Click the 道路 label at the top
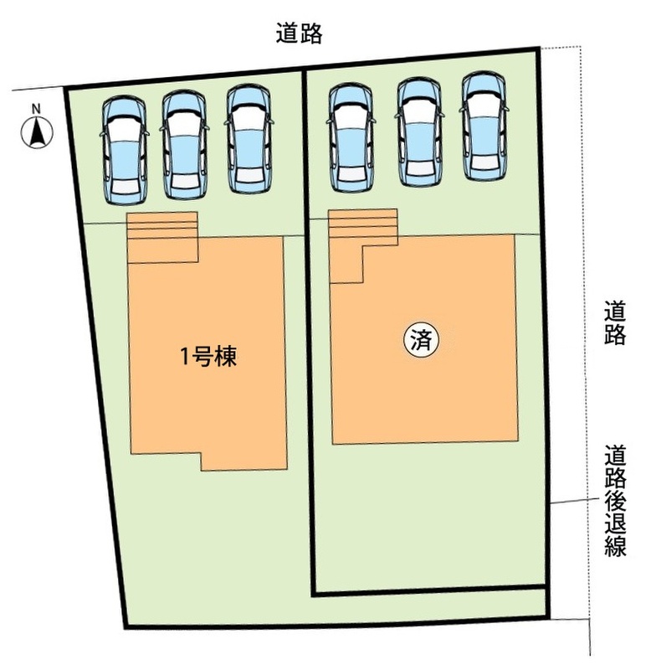pyautogui.click(x=299, y=33)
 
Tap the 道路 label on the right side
pyautogui.click(x=615, y=322)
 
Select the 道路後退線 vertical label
pyautogui.click(x=615, y=500)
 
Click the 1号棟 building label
pyautogui.click(x=208, y=357)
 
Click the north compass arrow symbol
pyautogui.click(x=37, y=132)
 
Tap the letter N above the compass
pyautogui.click(x=37, y=109)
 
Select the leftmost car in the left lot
pyautogui.click(x=125, y=151)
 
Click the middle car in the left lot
pyautogui.click(x=184, y=145)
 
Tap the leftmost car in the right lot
pyautogui.click(x=351, y=137)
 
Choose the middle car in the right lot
pyautogui.click(x=419, y=132)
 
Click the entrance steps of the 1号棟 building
pyautogui.click(x=162, y=237)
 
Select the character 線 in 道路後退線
pyautogui.click(x=615, y=546)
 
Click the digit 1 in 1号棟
pyautogui.click(x=185, y=358)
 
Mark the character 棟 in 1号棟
pyautogui.click(x=226, y=357)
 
